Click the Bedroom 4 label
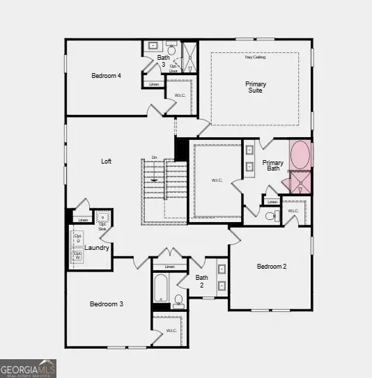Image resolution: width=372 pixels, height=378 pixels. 107,75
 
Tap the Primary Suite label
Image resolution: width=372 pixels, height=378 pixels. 256,87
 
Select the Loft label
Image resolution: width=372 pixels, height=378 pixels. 106,161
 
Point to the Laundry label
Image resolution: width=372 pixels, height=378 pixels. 96,247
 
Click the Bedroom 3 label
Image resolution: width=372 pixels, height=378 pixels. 107,304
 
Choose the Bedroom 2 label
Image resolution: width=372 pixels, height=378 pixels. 272,267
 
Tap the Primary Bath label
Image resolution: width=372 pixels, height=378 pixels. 272,166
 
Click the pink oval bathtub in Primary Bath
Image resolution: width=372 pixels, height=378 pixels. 302,155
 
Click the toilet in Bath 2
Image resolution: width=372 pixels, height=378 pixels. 178,301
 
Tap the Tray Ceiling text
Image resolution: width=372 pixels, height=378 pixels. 254,57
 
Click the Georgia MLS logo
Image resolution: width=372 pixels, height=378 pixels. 28,368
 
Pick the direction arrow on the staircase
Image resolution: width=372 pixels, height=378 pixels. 154,179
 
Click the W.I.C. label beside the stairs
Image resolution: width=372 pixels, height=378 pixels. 217,180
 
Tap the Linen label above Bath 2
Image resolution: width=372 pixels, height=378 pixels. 169,267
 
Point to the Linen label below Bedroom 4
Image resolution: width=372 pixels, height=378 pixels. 154,84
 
